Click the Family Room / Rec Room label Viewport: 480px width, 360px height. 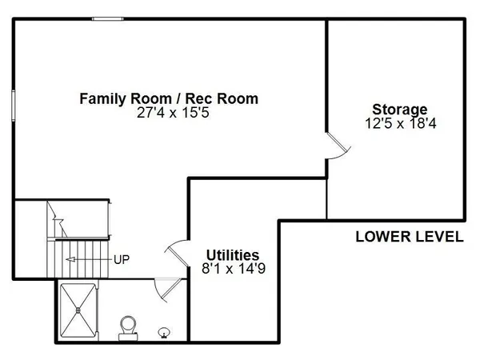coord(169,99)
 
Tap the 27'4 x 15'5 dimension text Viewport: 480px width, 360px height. coord(173,113)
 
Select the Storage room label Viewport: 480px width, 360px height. coord(400,110)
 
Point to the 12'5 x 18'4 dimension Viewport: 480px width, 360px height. coord(401,123)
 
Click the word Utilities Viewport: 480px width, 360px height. coord(233,255)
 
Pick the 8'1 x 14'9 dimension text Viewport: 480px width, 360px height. coord(234,269)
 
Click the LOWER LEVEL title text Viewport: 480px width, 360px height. coord(410,237)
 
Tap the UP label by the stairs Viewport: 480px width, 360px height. coord(122,259)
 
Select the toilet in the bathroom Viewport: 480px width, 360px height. coord(128,328)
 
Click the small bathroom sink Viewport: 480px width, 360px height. coord(163,333)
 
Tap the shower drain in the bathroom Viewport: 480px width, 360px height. coord(78,310)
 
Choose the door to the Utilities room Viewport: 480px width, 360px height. coord(177,253)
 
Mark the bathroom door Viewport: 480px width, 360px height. coord(168,289)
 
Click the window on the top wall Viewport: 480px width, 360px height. coord(108,19)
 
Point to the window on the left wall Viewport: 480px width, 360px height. coord(14,106)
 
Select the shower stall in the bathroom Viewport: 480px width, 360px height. coord(78,310)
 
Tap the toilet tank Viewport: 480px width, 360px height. coord(128,338)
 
